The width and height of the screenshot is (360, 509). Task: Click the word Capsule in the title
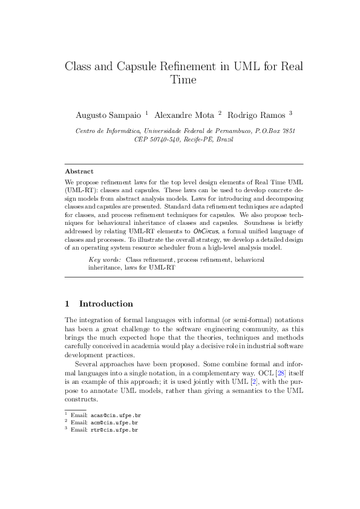click(136, 66)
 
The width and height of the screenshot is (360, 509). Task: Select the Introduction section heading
click(106, 303)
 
